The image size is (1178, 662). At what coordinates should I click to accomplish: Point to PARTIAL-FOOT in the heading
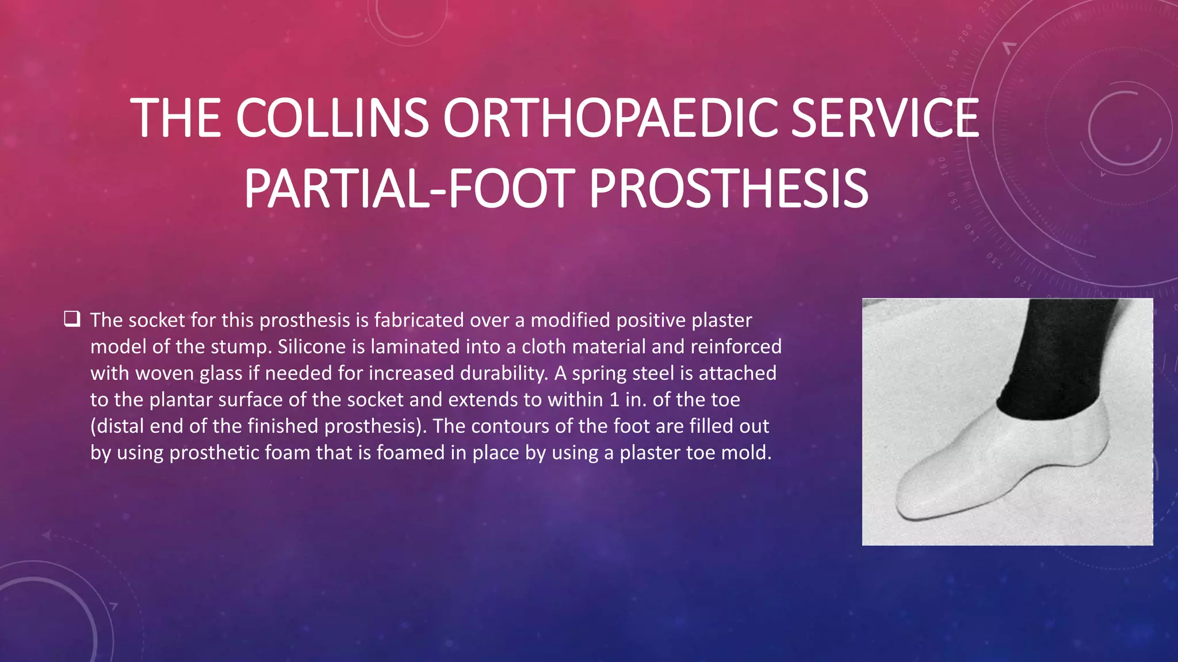[409, 189]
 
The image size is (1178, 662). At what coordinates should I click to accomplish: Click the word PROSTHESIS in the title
[728, 189]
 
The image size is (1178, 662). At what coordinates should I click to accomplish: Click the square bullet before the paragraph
[72, 319]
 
